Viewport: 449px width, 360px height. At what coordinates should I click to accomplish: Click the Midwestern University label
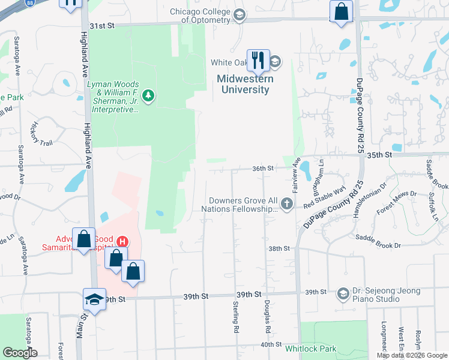click(244, 84)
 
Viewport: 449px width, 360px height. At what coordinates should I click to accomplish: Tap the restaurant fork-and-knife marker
click(258, 59)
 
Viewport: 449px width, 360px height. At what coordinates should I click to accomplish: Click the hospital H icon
click(122, 242)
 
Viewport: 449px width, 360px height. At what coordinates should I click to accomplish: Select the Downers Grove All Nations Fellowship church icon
click(287, 204)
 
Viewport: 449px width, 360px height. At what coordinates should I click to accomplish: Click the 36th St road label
click(262, 169)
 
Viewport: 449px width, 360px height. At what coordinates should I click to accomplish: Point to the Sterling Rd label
click(235, 317)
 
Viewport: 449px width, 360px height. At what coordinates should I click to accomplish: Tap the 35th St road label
click(396, 154)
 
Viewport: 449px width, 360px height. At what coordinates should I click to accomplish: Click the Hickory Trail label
click(43, 132)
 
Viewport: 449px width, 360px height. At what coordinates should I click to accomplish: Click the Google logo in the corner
click(20, 353)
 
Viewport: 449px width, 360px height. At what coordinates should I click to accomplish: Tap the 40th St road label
click(271, 344)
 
